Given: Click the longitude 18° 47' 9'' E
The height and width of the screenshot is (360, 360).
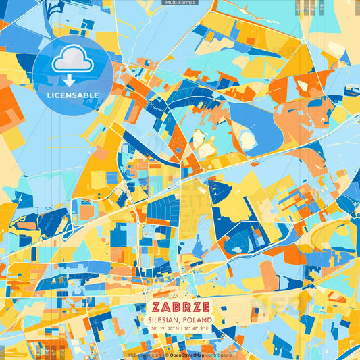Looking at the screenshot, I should pyautogui.click(x=197, y=329).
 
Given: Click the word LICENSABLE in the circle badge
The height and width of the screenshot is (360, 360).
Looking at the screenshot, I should pyautogui.click(x=73, y=95).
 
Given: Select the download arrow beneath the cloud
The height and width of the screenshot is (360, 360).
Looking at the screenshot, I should pyautogui.click(x=69, y=80).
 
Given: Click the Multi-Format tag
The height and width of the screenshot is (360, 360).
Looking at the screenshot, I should pyautogui.click(x=180, y=3).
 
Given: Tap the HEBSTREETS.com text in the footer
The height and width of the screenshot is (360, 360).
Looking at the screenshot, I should pyautogui.click(x=145, y=354).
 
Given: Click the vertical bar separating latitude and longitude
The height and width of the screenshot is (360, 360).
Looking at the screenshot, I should pyautogui.click(x=180, y=329).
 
